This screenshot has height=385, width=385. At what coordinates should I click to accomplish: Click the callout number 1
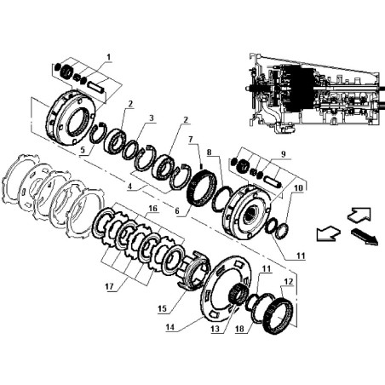[x=109, y=57]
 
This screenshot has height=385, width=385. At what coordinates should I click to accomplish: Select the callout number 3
[x=152, y=118]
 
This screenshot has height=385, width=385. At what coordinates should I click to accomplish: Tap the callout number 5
[x=83, y=151]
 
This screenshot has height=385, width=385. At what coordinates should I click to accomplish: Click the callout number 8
[x=210, y=152]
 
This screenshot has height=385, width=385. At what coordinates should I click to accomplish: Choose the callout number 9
[x=283, y=154]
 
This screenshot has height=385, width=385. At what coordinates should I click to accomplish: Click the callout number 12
[x=288, y=282]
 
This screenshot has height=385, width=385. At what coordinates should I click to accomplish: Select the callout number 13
[x=215, y=329]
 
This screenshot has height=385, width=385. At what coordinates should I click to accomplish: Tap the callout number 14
[x=170, y=327]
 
